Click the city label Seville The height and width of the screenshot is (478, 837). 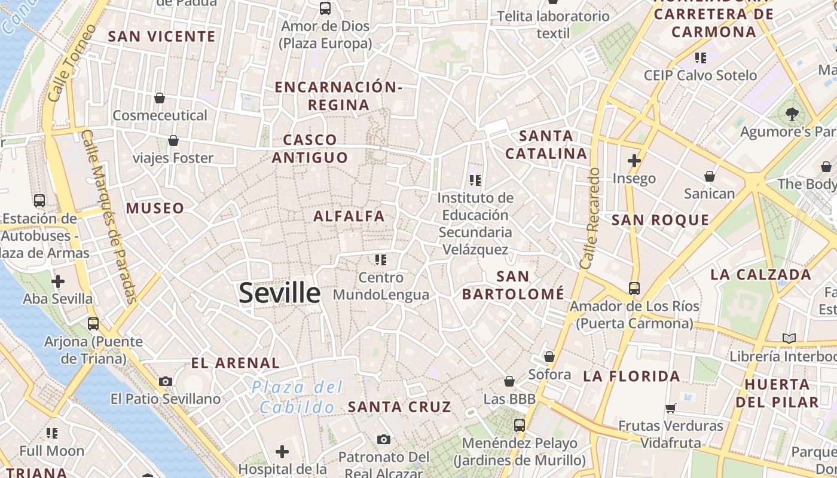(x=280, y=293)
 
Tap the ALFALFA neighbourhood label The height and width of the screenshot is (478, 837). (x=349, y=216)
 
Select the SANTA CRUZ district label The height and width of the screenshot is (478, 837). (x=399, y=407)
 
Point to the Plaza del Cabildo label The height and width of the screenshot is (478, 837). (x=297, y=397)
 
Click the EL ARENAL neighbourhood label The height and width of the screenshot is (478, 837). (x=235, y=363)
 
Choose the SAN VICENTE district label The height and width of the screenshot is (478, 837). (x=161, y=36)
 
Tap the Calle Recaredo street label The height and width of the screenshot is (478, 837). (x=589, y=218)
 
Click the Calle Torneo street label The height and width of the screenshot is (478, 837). (x=71, y=63)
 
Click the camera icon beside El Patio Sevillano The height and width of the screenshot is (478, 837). (x=166, y=381)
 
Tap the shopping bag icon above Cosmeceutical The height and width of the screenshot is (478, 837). (x=160, y=97)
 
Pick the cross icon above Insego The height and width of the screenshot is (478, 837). (x=634, y=161)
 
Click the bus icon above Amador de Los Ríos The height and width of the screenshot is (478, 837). (x=634, y=289)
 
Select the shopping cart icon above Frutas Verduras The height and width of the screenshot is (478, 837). (x=670, y=409)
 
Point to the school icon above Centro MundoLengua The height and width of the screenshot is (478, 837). (x=381, y=259)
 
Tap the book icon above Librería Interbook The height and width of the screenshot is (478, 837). (x=789, y=338)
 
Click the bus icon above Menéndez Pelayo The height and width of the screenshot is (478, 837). (x=520, y=425)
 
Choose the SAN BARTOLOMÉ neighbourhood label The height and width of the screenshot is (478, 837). (x=513, y=285)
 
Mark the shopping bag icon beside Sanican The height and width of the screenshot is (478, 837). (x=710, y=176)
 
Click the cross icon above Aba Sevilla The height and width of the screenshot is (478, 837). (x=58, y=281)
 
